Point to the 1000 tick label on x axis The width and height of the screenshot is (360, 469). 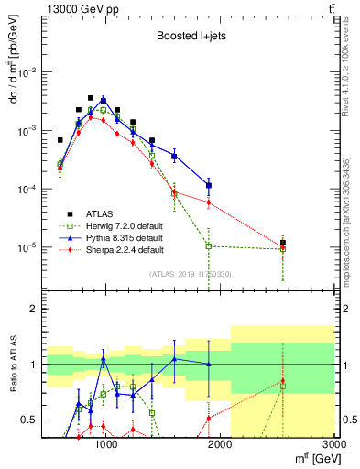(x=106, y=443)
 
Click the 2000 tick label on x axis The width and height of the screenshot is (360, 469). (x=221, y=443)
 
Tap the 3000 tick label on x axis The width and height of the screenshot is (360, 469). (x=333, y=443)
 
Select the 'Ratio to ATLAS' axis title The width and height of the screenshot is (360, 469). (x=12, y=364)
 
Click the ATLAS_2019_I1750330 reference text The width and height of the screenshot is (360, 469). (x=189, y=273)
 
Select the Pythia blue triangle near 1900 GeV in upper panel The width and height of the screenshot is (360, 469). (x=209, y=186)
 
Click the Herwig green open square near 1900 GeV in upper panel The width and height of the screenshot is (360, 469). (x=209, y=245)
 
